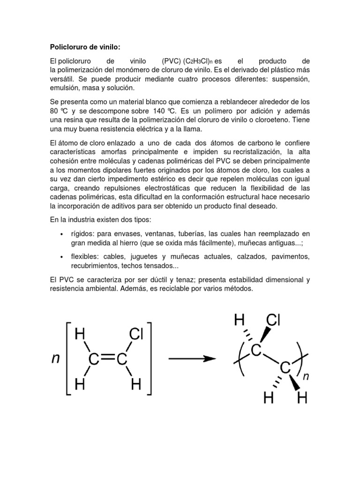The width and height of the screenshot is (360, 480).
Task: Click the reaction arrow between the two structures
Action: (x=191, y=359)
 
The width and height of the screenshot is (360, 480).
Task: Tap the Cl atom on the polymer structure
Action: (x=273, y=321)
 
